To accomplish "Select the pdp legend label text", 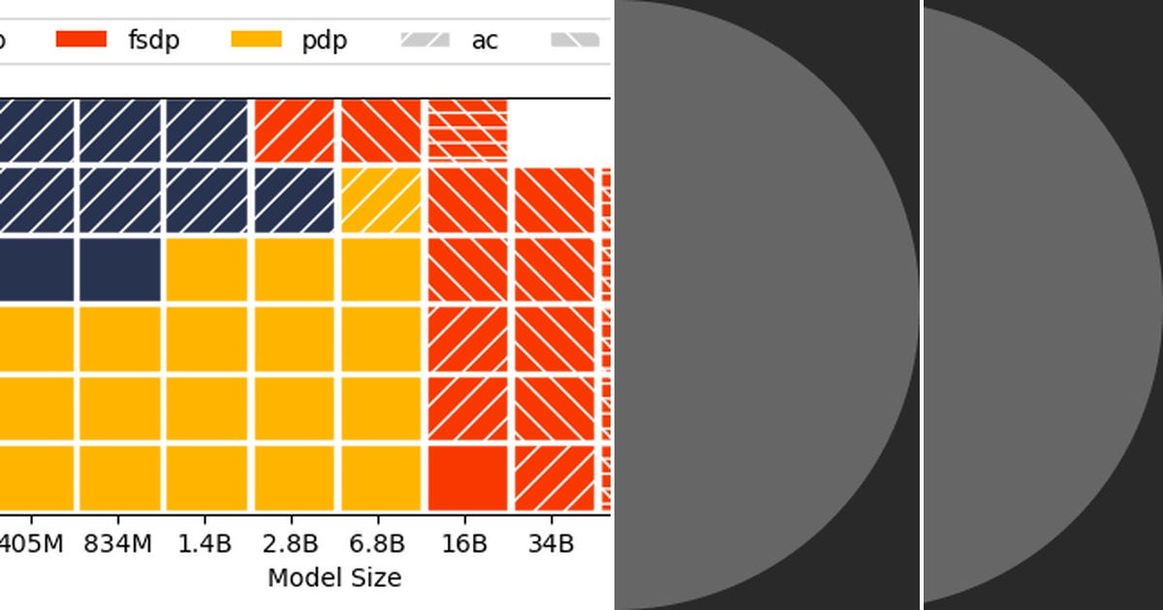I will coord(324,41).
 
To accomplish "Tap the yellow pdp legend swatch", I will coord(257,40).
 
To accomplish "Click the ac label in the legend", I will coord(485,41).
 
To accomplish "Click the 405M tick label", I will coord(30,543).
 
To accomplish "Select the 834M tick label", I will coord(119,543).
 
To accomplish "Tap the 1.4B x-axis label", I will coord(204,543).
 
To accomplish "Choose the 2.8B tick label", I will coord(291,543).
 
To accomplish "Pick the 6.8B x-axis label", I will coord(380,543).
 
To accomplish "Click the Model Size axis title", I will coord(334,578).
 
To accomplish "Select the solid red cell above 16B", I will coord(468,477).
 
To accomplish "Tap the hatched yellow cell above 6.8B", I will coord(381,200).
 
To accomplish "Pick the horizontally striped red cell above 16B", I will coord(468,130).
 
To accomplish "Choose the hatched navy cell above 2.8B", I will coord(294,200).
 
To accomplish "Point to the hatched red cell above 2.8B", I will coord(294,130).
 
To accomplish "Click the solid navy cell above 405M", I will coord(35,269).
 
